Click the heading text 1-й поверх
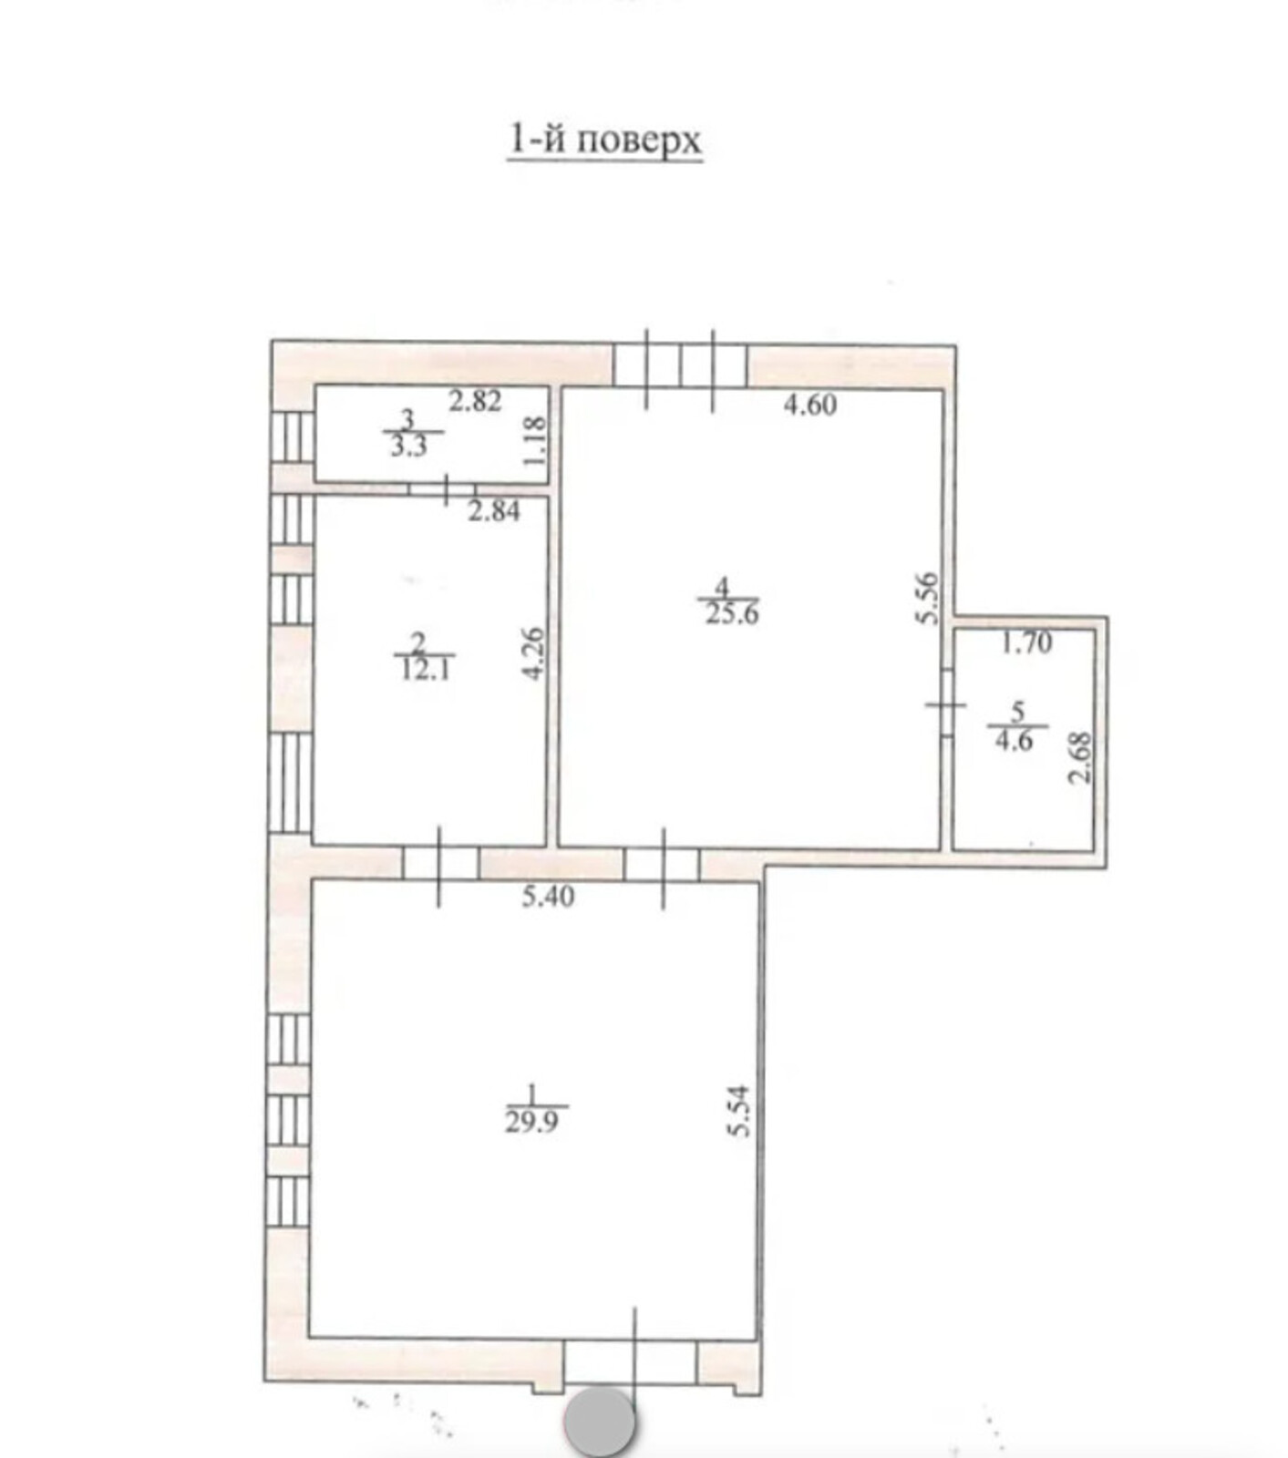[604, 140]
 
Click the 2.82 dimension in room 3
[474, 401]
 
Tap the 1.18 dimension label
[535, 441]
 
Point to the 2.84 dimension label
[494, 512]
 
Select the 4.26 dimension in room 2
[535, 652]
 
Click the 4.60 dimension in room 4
[809, 404]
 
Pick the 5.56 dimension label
[926, 597]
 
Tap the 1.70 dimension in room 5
[1026, 643]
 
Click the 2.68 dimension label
[1080, 758]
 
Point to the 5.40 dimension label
[548, 897]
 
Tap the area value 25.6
[732, 613]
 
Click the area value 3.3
[408, 447]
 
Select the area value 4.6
[1014, 741]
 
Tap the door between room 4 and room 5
[947, 703]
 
